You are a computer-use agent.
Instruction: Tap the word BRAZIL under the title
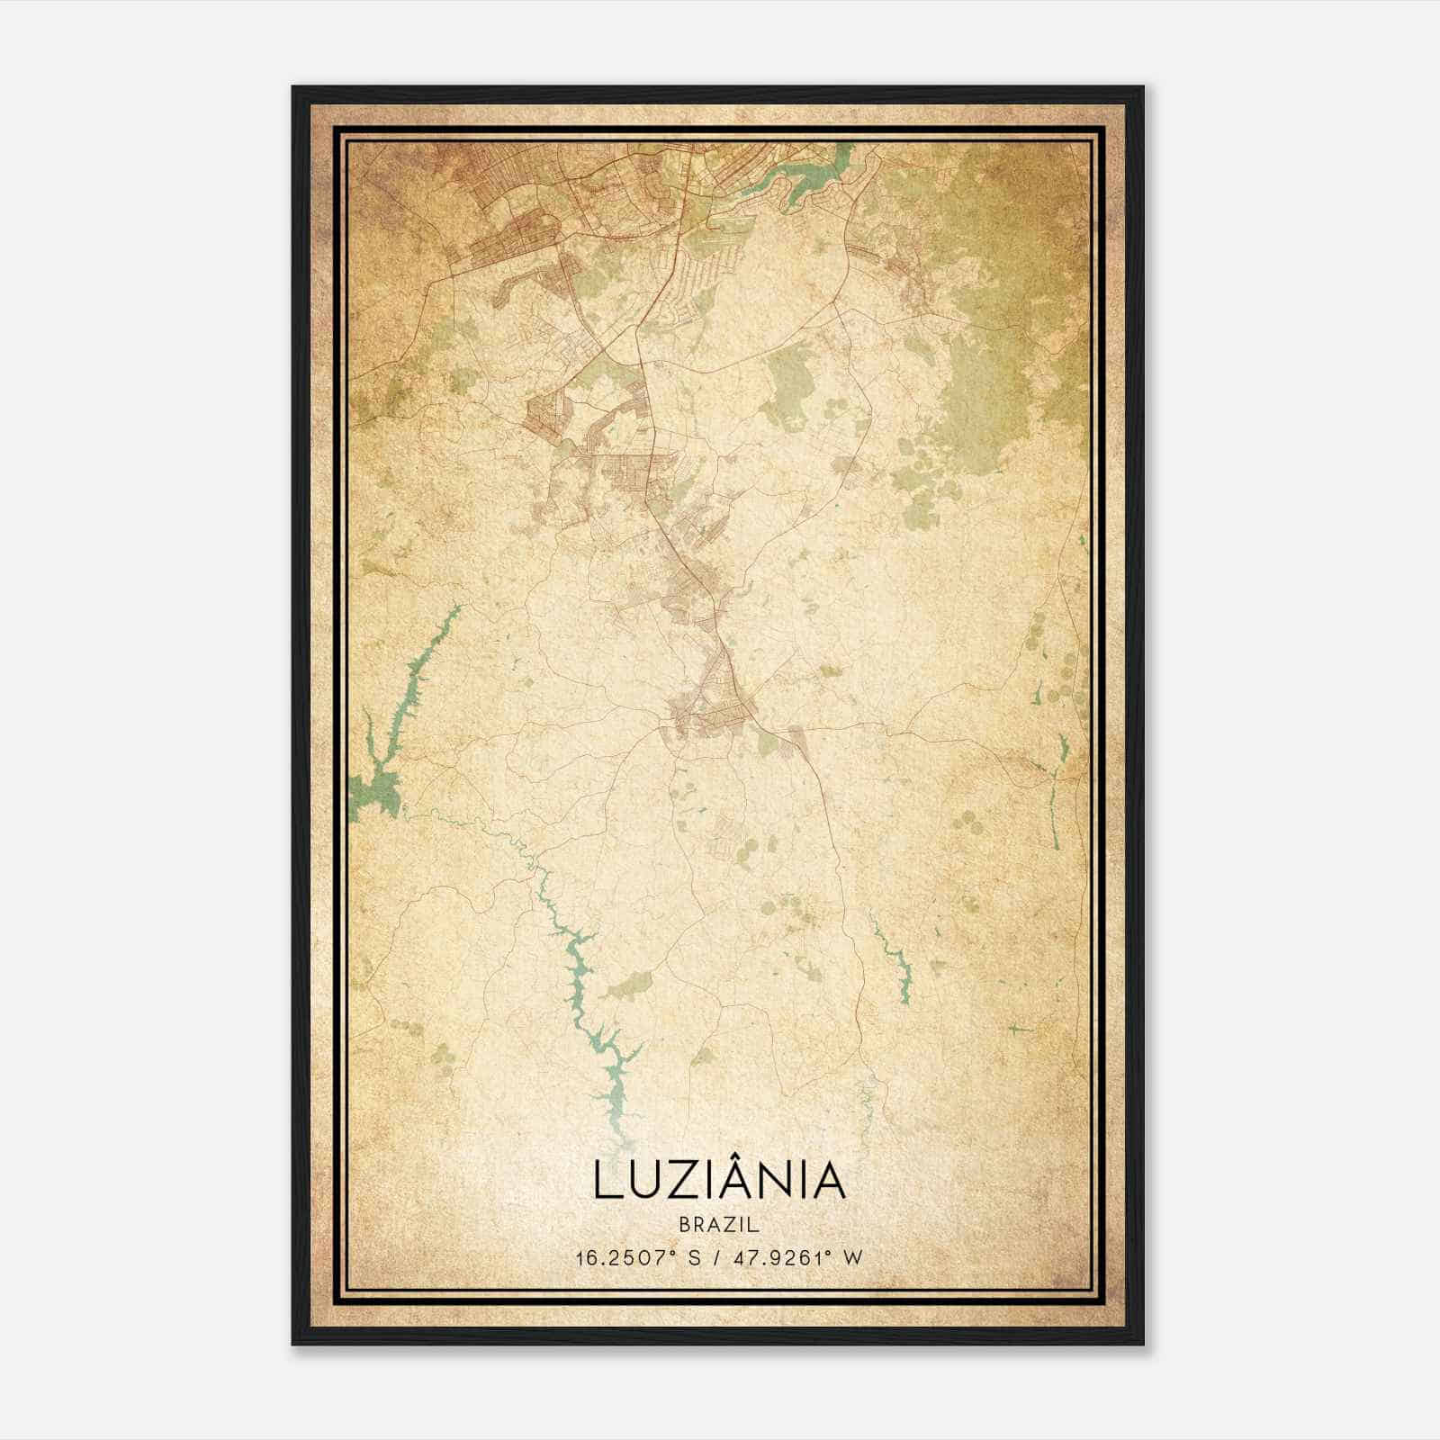[x=719, y=1225]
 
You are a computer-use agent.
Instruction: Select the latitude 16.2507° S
[x=638, y=1257]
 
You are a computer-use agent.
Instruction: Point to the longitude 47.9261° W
[x=798, y=1257]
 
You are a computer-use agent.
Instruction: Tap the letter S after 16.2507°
[x=694, y=1257]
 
